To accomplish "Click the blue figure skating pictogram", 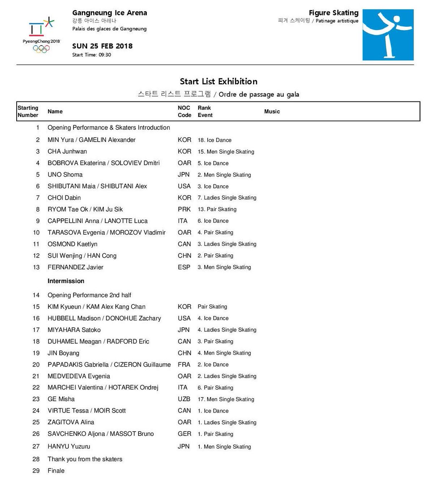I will coord(388,35).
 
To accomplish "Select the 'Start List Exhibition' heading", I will coord(219,81).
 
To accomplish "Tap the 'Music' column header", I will coord(272,111).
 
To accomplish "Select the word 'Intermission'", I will coord(66,281).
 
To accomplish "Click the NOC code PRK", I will coord(184,209).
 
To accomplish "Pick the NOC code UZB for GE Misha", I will coord(184,399).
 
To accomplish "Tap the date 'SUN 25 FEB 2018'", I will coord(102,46).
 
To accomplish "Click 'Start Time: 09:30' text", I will coord(91,55).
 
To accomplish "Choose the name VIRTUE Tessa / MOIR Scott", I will coord(87,411).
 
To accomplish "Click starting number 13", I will coord(36,267).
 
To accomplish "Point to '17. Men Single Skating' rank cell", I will coord(226,399).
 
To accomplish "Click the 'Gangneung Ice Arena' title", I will coord(109,13).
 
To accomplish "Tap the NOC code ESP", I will coord(184,267).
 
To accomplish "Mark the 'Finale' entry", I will coord(56,471).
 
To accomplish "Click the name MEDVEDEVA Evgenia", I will coord(79,376).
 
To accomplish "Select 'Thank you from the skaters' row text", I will coord(85,459).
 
